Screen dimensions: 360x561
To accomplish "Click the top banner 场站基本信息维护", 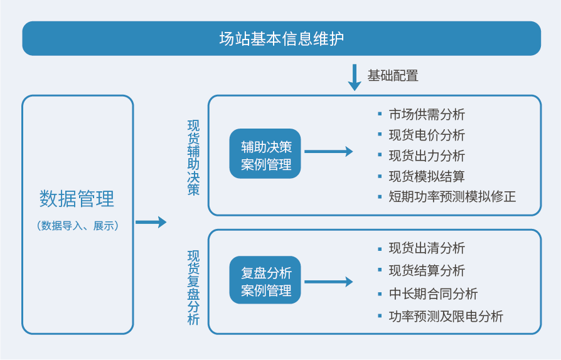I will tap(281, 39).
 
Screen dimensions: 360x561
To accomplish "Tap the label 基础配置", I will tap(393, 76).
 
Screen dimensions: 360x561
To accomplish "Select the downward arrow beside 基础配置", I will tap(355, 77).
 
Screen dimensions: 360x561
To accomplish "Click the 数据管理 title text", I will tap(77, 199).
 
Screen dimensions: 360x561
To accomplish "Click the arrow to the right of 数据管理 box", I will tap(151, 222).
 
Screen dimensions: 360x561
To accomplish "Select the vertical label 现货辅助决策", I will tap(193, 157).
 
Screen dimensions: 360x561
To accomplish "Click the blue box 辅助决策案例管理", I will tap(265, 154).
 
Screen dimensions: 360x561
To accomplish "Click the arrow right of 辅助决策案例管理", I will tap(328, 152).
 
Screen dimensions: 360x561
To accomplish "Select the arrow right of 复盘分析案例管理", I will tap(328, 282).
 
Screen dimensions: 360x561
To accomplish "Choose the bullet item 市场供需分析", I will tap(427, 114).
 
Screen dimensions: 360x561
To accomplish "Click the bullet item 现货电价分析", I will tap(427, 135).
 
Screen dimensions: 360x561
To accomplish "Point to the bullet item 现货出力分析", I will tap(427, 156).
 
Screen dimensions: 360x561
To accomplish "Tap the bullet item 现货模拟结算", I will tap(427, 176).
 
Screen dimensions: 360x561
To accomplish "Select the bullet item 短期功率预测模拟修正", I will tap(452, 196).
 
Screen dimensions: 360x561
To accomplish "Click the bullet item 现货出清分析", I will tap(427, 248).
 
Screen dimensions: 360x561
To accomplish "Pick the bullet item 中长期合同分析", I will tap(433, 294).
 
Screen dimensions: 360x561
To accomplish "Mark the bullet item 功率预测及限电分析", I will tap(446, 316).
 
